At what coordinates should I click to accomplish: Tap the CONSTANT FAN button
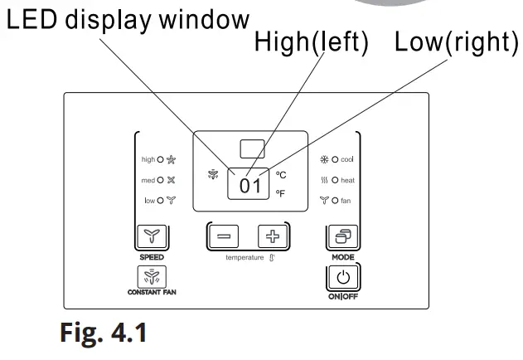(x=152, y=277)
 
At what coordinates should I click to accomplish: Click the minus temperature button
(x=224, y=236)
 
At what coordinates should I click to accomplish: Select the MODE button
(x=343, y=236)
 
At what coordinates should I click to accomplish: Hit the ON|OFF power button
(x=343, y=277)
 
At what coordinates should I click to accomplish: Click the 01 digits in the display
(x=249, y=186)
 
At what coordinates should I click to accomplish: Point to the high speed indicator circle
(x=161, y=159)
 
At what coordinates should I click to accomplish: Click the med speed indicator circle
(x=161, y=180)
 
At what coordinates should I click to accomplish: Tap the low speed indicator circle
(x=161, y=201)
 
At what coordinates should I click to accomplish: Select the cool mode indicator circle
(x=335, y=159)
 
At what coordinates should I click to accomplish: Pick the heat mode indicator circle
(x=335, y=180)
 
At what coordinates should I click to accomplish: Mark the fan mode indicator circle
(x=335, y=201)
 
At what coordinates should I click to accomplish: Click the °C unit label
(x=281, y=175)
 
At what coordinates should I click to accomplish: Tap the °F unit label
(x=280, y=193)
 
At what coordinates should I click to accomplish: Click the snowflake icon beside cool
(x=324, y=159)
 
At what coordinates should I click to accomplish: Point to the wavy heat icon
(x=324, y=180)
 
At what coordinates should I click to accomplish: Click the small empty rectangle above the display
(x=253, y=149)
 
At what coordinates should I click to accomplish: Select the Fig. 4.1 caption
(x=104, y=333)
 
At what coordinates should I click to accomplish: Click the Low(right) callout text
(x=457, y=42)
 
